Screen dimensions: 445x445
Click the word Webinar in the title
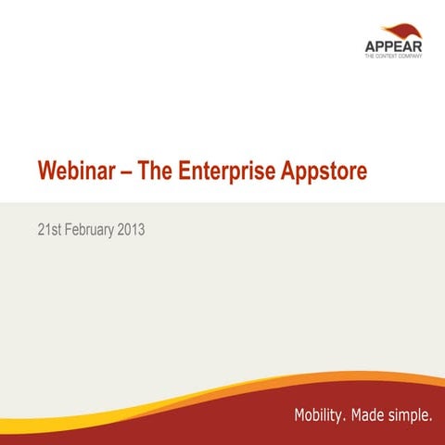75,172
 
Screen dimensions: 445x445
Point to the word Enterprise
226,172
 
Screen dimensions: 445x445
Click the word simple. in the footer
412,414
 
